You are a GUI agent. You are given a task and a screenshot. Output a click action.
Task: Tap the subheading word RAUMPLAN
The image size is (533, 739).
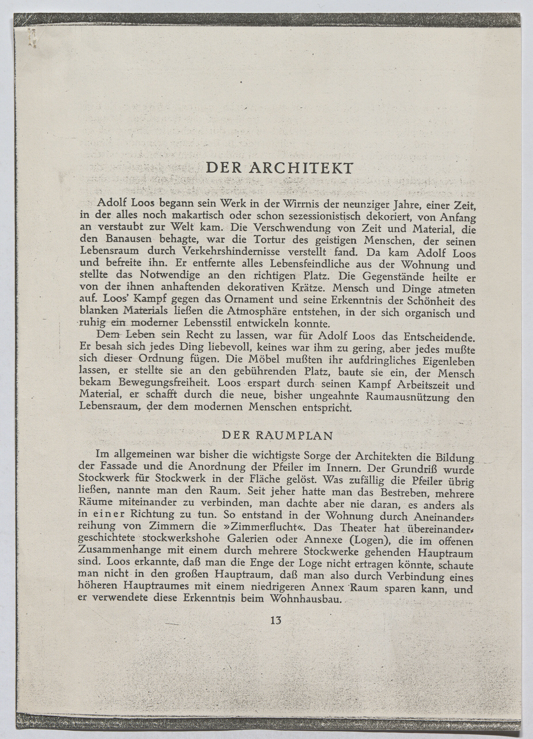pos(301,436)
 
